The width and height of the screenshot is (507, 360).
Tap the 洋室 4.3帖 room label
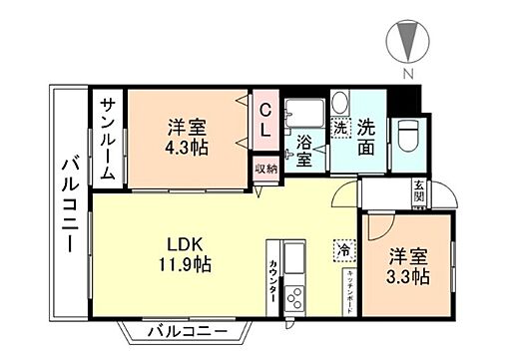pyautogui.click(x=186, y=135)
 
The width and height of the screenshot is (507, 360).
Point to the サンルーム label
pyautogui.click(x=105, y=140)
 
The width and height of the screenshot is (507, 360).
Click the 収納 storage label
pyautogui.click(x=264, y=170)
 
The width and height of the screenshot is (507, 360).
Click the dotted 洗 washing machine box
pyautogui.click(x=340, y=128)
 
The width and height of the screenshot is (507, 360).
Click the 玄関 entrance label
pyautogui.click(x=418, y=192)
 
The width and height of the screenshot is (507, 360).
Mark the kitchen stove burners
pyautogui.click(x=295, y=297)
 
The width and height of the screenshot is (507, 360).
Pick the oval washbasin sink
pyautogui.click(x=338, y=102)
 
